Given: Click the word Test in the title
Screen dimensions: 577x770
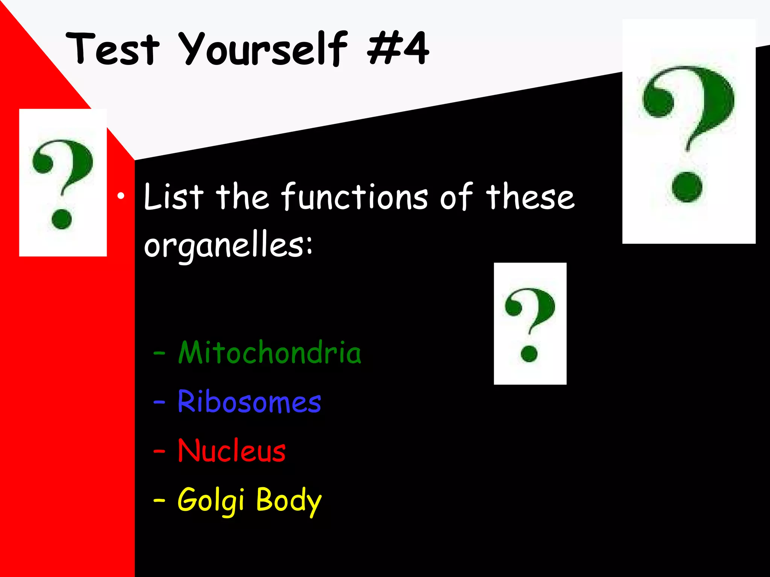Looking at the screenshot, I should (x=113, y=49).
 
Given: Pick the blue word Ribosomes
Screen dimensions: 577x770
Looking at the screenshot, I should (x=249, y=402).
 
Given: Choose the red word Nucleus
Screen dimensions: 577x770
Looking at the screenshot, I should (x=231, y=450).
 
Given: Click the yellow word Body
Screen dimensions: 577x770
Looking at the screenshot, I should (x=288, y=500).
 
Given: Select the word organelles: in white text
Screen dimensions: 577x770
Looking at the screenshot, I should (x=228, y=246).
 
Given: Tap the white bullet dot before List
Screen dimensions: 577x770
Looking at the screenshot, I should (x=120, y=196).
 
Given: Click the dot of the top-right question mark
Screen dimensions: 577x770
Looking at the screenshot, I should (x=687, y=187).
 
